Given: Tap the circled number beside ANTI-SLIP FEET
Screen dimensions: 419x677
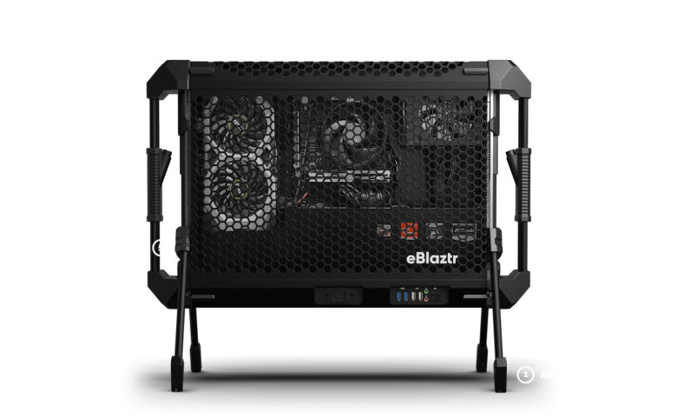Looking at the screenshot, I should pyautogui.click(x=524, y=375).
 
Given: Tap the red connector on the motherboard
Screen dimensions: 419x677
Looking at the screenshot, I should pyautogui.click(x=407, y=231).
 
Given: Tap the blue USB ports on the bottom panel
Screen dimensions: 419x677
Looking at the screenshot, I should pyautogui.click(x=404, y=296).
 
